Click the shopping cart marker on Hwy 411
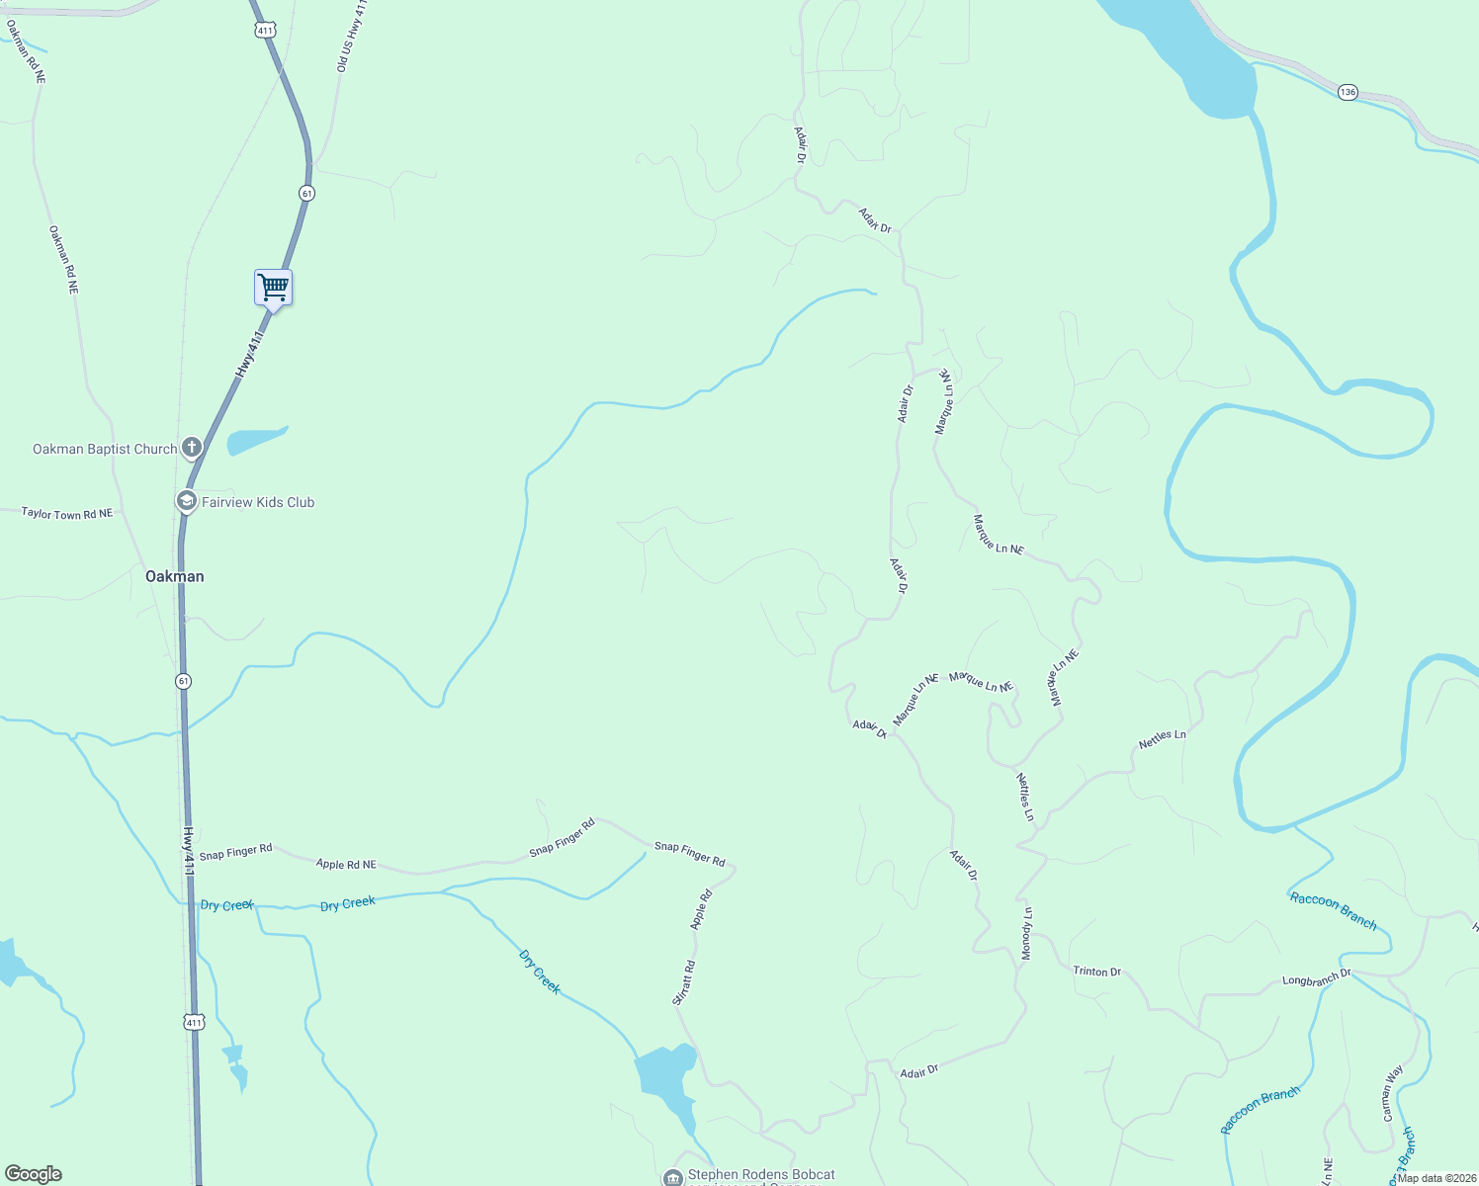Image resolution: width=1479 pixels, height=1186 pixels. [273, 288]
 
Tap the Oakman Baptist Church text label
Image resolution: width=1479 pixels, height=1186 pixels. [105, 449]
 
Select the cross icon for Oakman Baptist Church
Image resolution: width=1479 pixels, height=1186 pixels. [192, 448]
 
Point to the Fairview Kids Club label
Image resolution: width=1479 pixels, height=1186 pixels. [258, 502]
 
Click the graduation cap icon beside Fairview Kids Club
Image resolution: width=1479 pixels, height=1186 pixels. [186, 501]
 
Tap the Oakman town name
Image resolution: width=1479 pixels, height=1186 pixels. [175, 576]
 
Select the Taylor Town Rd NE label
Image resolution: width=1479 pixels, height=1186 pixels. [67, 514]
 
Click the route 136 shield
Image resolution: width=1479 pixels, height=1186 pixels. [1348, 92]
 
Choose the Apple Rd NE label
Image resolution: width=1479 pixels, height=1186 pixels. [346, 864]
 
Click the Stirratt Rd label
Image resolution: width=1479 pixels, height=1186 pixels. [684, 982]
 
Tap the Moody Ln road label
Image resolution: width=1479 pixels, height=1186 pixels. [1027, 933]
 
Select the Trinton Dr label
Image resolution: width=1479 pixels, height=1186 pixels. [1097, 972]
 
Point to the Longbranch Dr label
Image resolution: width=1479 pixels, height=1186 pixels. [1317, 978]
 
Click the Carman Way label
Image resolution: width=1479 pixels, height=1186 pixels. [1393, 1092]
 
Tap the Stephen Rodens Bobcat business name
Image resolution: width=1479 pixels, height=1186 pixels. [761, 1175]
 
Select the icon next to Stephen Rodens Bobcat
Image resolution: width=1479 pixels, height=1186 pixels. [673, 1177]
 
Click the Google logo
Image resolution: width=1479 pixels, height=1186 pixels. [34, 1174]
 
